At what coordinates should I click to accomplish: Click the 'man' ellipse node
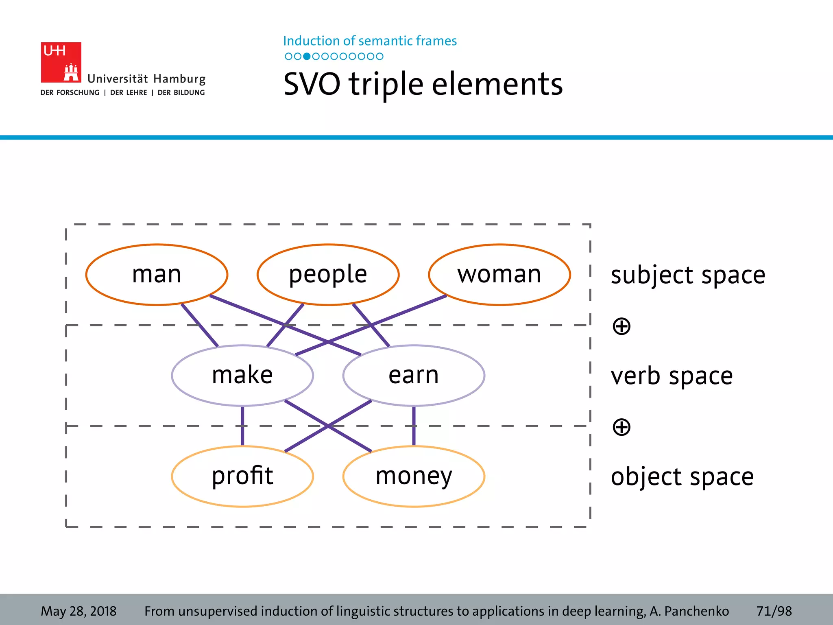point(157,274)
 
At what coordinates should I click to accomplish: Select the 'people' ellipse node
point(328,274)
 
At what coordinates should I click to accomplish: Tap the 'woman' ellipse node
point(499,274)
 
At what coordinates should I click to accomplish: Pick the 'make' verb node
point(242,375)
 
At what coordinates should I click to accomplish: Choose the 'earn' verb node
point(414,375)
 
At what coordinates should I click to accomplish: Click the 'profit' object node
point(242,476)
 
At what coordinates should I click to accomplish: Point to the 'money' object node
point(414,476)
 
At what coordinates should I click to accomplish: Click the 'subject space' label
point(688,275)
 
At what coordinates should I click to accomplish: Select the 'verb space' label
point(672,376)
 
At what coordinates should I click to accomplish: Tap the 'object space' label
point(682,477)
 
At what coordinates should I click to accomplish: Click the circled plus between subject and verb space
point(621,326)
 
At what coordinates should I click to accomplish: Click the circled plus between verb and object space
point(621,427)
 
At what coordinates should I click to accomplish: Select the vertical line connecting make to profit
point(242,426)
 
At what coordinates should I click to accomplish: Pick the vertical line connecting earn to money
point(414,426)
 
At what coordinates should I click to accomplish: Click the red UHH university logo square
point(61,62)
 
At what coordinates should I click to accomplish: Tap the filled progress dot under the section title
point(307,57)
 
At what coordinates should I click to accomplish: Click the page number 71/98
point(774,611)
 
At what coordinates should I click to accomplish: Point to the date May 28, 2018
point(79,611)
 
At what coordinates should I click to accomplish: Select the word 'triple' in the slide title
point(386,84)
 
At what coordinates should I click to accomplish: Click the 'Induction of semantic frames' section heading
point(370,41)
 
